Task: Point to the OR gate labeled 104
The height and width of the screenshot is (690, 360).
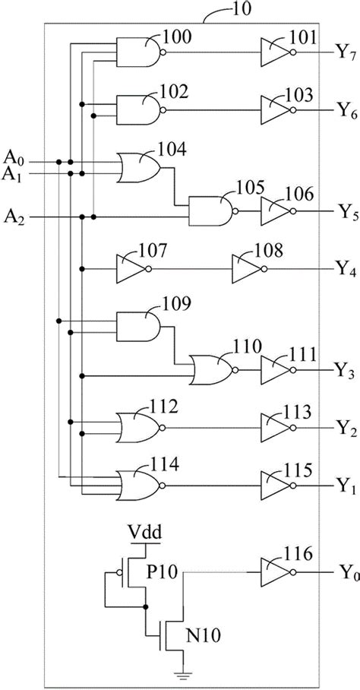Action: click(137, 167)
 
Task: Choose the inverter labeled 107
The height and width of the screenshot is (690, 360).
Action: click(130, 268)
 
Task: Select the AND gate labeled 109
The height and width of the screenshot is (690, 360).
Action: click(136, 327)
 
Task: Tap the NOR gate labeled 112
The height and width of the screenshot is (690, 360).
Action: click(137, 428)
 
